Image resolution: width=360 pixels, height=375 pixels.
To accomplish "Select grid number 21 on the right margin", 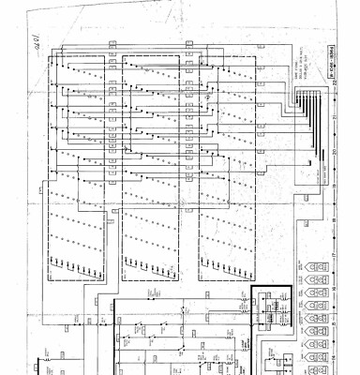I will click(x=335, y=117).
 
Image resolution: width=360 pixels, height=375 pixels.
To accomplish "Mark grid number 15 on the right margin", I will click(x=335, y=323).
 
